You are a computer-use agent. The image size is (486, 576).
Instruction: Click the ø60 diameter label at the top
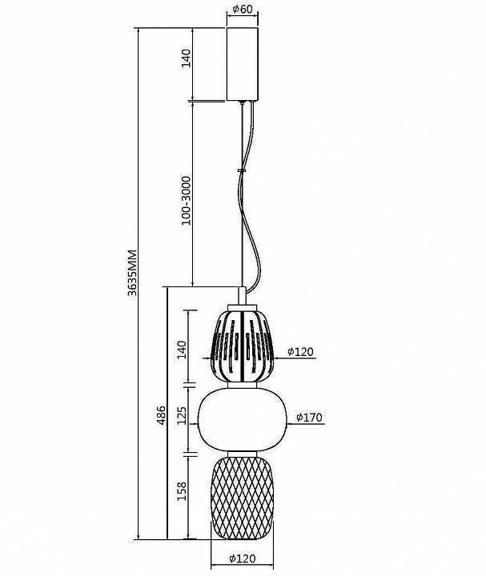(243, 9)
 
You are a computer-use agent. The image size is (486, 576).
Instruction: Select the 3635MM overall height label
(132, 273)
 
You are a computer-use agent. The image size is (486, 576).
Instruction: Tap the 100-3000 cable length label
(187, 201)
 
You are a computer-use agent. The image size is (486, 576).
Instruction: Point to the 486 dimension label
(162, 415)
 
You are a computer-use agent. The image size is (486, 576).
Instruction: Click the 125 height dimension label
(183, 415)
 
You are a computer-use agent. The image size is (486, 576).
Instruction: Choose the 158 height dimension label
(183, 490)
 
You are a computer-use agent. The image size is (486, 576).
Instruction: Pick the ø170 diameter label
(309, 418)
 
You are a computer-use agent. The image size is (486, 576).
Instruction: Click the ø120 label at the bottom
(243, 558)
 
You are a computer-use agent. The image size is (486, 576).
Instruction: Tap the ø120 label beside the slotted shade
(301, 351)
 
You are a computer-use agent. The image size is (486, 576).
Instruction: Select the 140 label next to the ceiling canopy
(187, 58)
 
